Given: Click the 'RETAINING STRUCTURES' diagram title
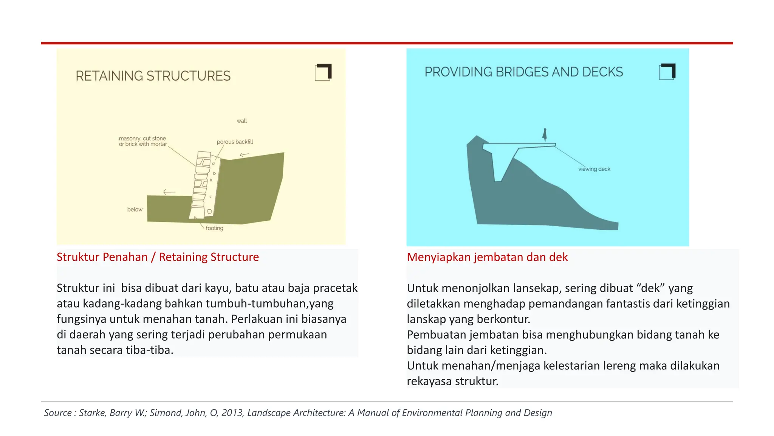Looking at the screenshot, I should coord(153,76).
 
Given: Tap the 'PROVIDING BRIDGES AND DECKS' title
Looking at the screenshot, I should coord(523,72).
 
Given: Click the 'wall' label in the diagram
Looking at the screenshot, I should coord(241,121).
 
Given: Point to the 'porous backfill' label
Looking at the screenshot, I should coord(235,142).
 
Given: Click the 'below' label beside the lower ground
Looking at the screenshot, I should coord(135,209).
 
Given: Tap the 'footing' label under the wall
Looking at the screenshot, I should coord(214,228).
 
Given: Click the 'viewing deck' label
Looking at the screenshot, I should coord(594,169).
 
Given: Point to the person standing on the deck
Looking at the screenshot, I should coord(545,135).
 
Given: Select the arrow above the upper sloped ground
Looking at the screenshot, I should coord(244,154).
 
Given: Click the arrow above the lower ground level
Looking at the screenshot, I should coord(169,192).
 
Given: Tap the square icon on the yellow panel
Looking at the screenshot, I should coord(323,72).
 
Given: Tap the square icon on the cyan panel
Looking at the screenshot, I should coord(667,72).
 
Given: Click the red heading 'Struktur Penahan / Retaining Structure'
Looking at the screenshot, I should coord(158,257).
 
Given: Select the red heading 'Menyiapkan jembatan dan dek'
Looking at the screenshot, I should coord(487,257).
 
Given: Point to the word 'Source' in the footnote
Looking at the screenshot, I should coord(58,413).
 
